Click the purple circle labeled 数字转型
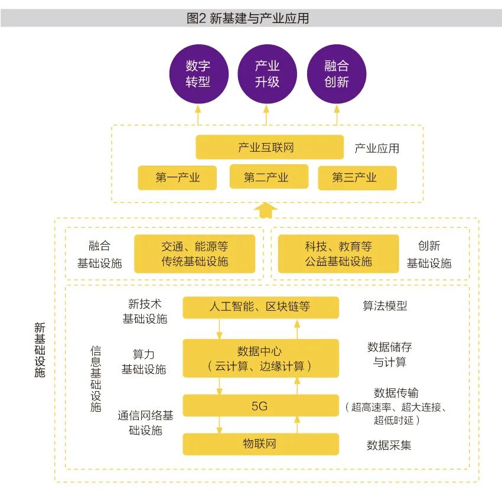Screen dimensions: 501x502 198,74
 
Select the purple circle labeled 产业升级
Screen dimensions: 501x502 267,74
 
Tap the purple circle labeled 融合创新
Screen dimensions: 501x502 337,74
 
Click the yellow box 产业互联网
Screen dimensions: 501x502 269,147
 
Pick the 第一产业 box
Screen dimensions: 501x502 177,177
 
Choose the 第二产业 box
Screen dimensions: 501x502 269,177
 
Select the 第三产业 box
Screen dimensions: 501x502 357,177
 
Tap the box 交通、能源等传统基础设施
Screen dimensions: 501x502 194,253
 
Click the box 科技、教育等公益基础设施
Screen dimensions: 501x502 338,253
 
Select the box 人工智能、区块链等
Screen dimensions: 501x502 260,307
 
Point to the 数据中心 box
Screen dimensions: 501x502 260,358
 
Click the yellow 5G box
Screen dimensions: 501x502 260,406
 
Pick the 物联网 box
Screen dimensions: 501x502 260,444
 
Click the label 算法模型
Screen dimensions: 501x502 384,306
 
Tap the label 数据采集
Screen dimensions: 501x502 389,445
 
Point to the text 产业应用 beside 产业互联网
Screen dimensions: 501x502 376,148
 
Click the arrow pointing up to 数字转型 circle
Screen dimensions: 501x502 198,115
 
